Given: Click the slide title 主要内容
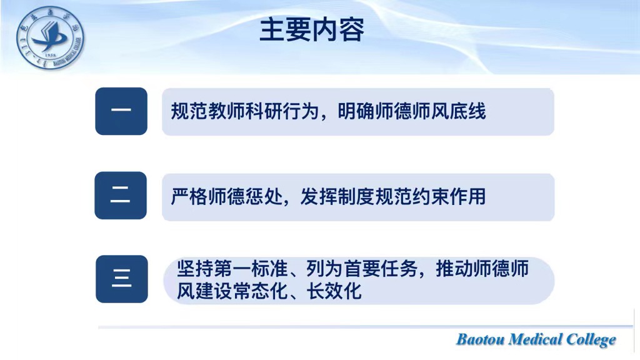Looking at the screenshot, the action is point(312,30).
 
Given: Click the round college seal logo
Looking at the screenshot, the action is point(50,37).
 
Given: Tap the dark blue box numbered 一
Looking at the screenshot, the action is point(121,111).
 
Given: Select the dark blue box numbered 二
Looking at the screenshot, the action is point(121,196).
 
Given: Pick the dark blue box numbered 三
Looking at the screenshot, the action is point(122,279).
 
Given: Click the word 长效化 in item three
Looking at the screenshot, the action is point(334,291).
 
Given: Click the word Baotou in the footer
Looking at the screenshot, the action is point(480,339).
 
